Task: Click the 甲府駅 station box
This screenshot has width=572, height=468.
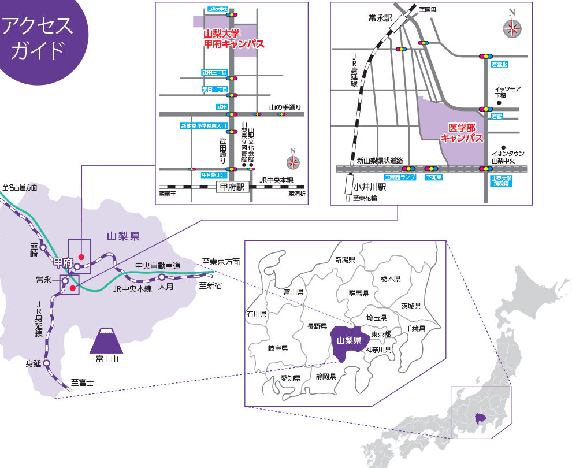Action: coord(232,187)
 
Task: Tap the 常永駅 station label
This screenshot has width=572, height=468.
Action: coord(380,18)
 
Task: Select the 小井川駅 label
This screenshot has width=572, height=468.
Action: coord(370,188)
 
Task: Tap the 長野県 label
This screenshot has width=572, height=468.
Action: coord(318,326)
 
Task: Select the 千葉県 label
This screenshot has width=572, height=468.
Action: coord(415,328)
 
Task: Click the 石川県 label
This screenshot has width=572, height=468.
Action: coord(256,315)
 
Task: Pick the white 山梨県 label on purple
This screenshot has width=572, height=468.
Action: coord(349,340)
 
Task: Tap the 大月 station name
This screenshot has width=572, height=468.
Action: coord(166,286)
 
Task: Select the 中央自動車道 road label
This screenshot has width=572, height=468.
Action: coord(158,266)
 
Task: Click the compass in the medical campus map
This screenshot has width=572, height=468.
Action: coord(511,27)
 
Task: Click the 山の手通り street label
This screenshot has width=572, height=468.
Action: coord(285,107)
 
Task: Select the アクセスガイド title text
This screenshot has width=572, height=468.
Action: coord(38,38)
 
